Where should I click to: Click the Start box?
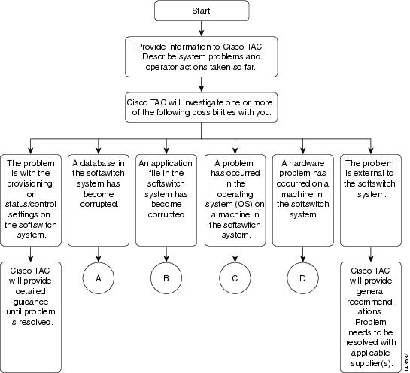[202, 11]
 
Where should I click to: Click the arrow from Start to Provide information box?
[202, 29]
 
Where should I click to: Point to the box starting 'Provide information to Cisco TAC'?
[202, 56]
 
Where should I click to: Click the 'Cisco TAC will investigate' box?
[202, 108]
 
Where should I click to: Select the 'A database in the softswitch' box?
[99, 200]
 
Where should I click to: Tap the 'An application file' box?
[166, 200]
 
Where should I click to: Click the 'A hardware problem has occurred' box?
[303, 200]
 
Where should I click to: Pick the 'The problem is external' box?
[371, 200]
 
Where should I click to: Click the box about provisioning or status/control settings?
[31, 200]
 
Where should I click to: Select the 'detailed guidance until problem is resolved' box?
[31, 317]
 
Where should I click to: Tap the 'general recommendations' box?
[371, 317]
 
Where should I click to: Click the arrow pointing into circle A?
[99, 254]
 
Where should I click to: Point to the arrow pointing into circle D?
[302, 254]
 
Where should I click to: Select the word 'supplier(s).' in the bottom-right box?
[372, 363]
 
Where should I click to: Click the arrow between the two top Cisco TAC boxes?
[202, 84]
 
